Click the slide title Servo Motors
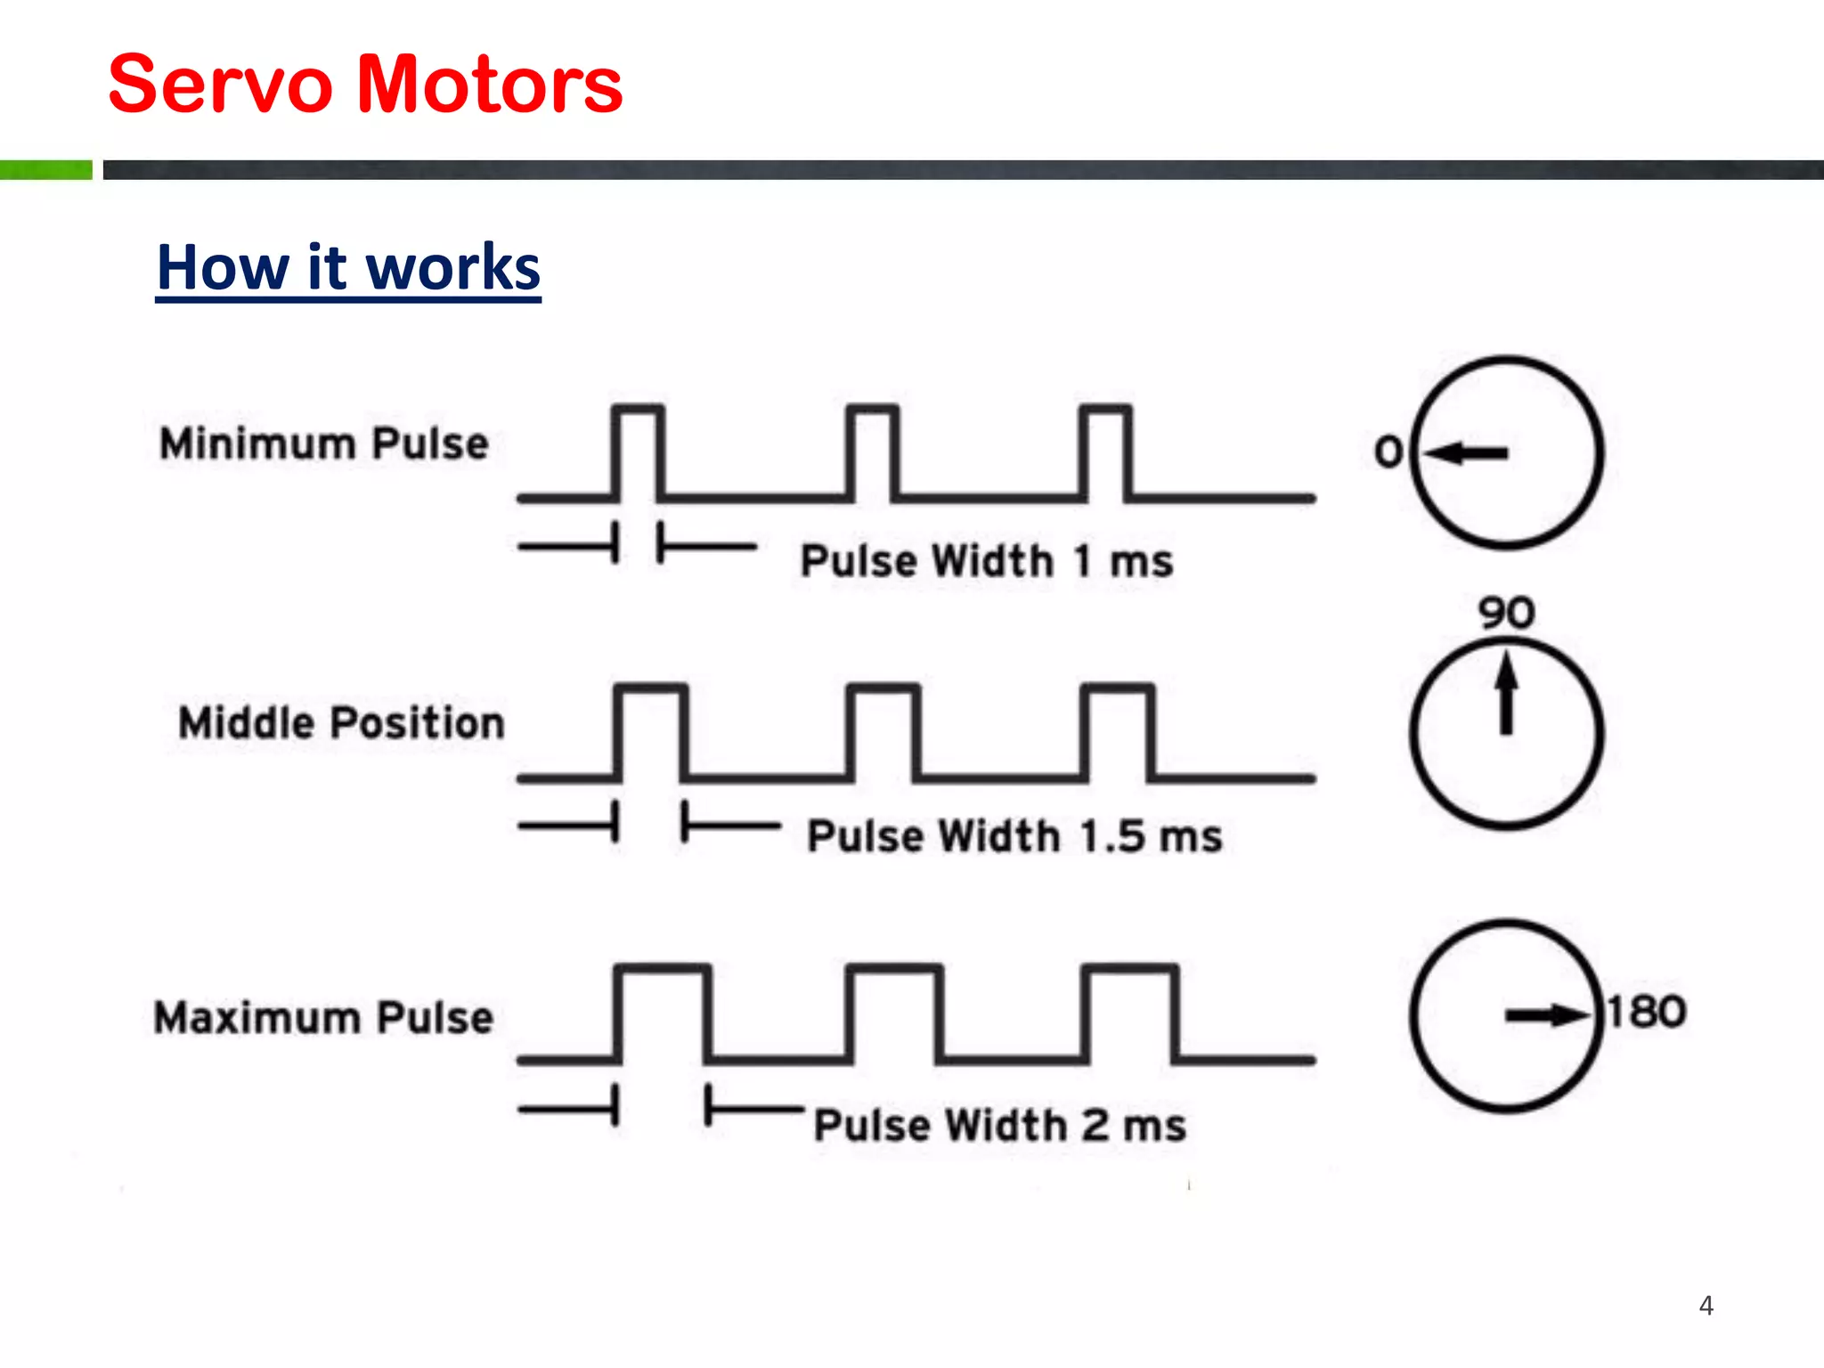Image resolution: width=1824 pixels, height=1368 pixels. tap(365, 85)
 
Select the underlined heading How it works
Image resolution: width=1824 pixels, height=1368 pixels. tap(348, 267)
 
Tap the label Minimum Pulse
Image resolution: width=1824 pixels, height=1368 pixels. tap(324, 444)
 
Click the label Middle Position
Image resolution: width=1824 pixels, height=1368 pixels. tap(341, 722)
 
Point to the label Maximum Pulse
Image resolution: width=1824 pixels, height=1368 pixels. tap(323, 1017)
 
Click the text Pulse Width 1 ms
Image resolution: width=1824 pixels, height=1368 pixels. tap(987, 561)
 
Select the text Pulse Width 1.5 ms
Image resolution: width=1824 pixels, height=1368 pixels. tap(1014, 836)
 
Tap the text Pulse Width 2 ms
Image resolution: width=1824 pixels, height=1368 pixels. tap(1000, 1125)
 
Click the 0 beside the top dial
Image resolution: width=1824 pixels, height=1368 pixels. tap(1388, 452)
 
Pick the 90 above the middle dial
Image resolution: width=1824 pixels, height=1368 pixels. tap(1506, 613)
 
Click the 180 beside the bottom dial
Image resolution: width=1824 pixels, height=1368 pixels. tap(1647, 1012)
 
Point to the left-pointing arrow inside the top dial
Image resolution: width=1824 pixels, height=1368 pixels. tap(1467, 453)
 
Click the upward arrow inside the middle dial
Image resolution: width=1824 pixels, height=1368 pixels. tap(1506, 693)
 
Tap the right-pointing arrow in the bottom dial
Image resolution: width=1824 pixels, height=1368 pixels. tap(1546, 1015)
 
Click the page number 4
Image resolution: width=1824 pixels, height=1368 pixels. tap(1706, 1306)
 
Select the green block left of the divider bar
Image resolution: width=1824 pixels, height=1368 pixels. tap(45, 169)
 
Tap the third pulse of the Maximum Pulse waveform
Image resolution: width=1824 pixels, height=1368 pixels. tap(1129, 1013)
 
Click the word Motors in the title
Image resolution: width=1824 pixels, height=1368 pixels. tap(489, 85)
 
